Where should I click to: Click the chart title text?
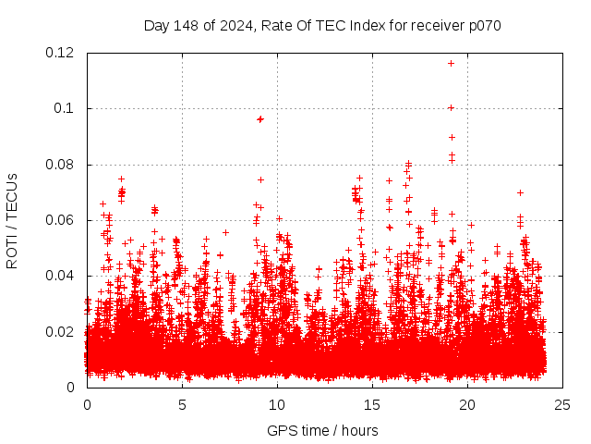(322, 25)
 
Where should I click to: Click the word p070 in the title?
(483, 25)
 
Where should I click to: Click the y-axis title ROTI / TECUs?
(13, 220)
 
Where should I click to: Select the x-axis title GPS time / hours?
(322, 430)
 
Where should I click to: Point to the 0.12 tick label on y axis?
(62, 53)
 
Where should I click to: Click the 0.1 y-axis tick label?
(66, 108)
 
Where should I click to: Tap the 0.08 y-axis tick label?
(62, 165)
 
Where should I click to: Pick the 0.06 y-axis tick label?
(62, 220)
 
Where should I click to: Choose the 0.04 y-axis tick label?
(62, 276)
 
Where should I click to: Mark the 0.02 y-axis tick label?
(62, 331)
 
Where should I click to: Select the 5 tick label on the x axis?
(182, 404)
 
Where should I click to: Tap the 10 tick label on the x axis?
(277, 404)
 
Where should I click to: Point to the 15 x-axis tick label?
(372, 404)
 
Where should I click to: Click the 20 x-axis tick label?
(467, 404)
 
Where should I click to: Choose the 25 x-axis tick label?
(562, 404)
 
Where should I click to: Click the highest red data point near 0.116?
(451, 63)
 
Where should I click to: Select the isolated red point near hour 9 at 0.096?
(260, 118)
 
